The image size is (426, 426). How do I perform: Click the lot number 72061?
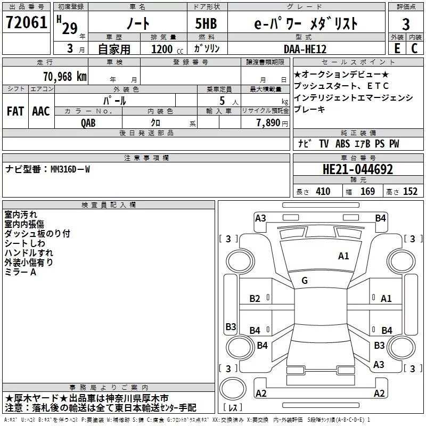click(26, 23)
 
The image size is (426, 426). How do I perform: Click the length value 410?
click(322, 192)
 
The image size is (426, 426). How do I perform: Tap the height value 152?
click(410, 192)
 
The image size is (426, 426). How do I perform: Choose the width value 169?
click(367, 192)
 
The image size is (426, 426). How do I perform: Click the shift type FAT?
click(15, 111)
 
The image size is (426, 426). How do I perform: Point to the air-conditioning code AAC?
click(40, 111)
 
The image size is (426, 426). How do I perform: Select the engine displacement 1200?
click(162, 49)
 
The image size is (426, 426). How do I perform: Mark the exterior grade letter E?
click(396, 49)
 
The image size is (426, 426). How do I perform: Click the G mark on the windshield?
click(305, 281)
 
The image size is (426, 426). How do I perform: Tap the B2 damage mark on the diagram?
click(255, 299)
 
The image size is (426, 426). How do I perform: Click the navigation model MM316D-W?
click(70, 169)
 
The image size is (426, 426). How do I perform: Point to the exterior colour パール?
click(114, 101)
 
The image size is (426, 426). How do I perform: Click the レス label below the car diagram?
click(233, 408)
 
